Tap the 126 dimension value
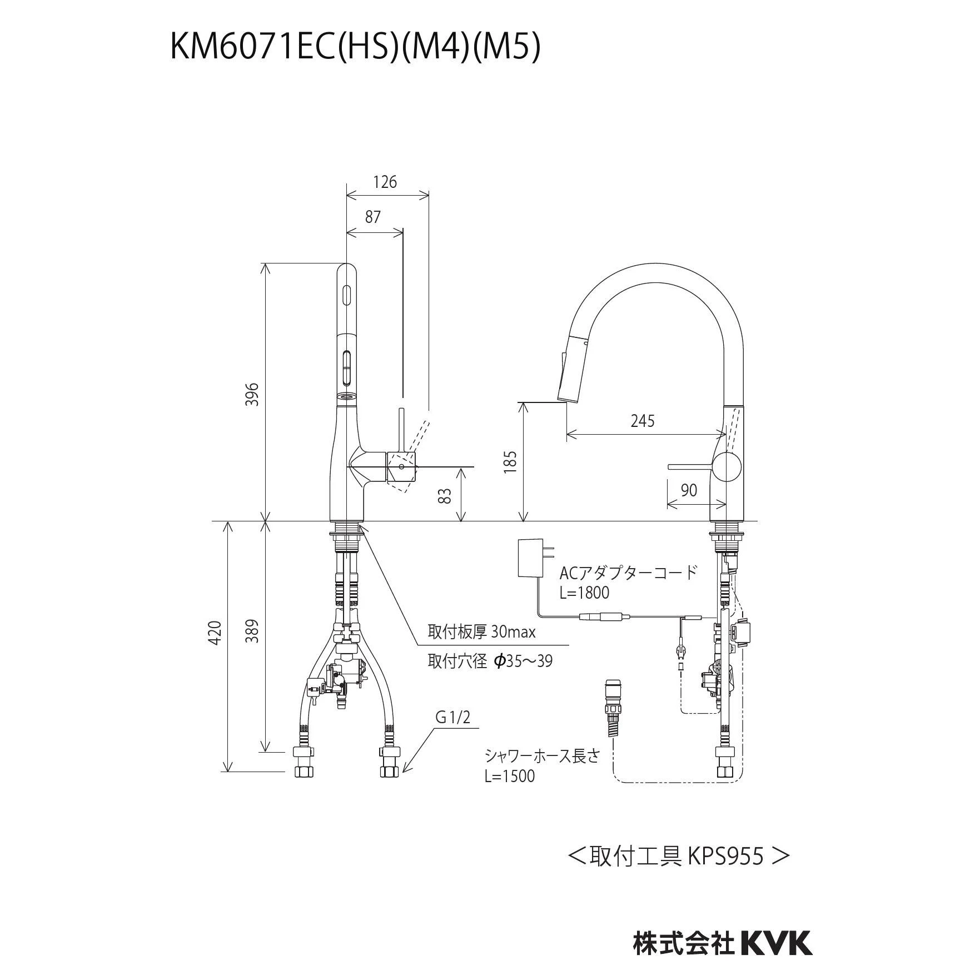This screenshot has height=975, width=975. click(x=385, y=182)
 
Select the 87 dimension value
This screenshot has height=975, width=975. click(x=372, y=217)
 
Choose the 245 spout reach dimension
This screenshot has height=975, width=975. click(x=642, y=421)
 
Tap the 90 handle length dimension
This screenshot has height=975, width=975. click(x=689, y=490)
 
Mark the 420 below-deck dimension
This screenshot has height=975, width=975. click(x=216, y=632)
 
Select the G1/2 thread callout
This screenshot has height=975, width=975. click(x=452, y=718)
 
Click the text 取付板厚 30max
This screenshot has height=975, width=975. click(x=481, y=632)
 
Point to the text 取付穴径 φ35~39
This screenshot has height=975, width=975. click(x=490, y=661)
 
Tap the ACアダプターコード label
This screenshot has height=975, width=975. click(x=628, y=573)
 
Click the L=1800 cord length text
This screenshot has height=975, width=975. click(x=584, y=593)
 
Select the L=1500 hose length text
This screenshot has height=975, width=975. click(x=509, y=775)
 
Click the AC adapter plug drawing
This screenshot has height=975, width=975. click(x=530, y=558)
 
